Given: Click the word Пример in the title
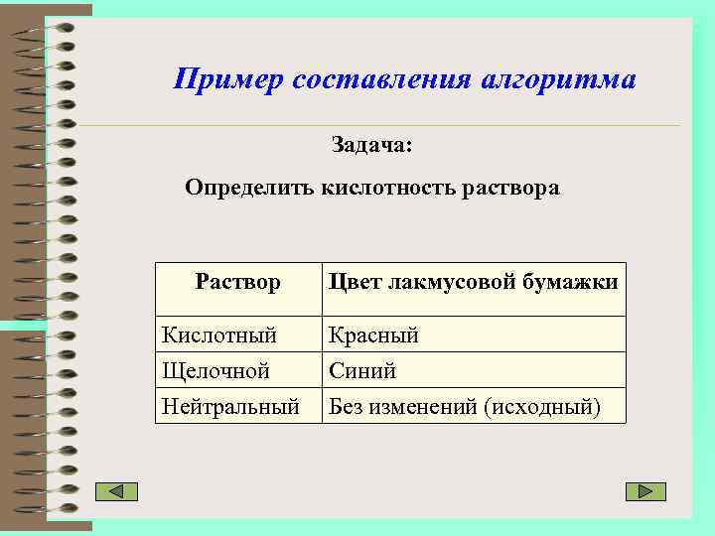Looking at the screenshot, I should pyautogui.click(x=227, y=79).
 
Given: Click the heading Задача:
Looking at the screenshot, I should pyautogui.click(x=371, y=145).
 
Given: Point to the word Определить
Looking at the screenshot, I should pyautogui.click(x=249, y=188).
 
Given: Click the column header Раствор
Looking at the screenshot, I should pyautogui.click(x=238, y=282).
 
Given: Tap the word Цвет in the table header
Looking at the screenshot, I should pyautogui.click(x=356, y=282).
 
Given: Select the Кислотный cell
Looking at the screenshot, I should pyautogui.click(x=219, y=335).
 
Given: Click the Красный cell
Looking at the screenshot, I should pyautogui.click(x=373, y=335).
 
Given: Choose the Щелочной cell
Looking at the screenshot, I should pyautogui.click(x=216, y=371).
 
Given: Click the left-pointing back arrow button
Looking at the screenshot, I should pyautogui.click(x=116, y=491).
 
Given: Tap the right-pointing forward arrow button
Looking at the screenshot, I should pyautogui.click(x=645, y=491).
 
